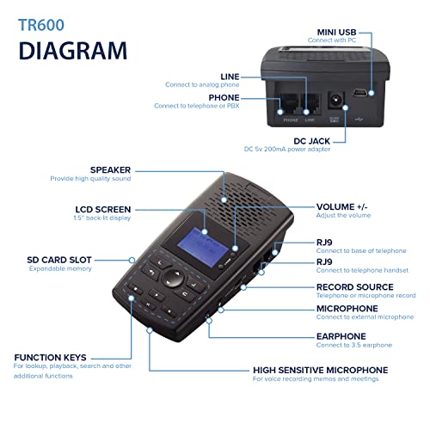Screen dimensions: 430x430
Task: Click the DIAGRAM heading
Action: (x=75, y=51)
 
